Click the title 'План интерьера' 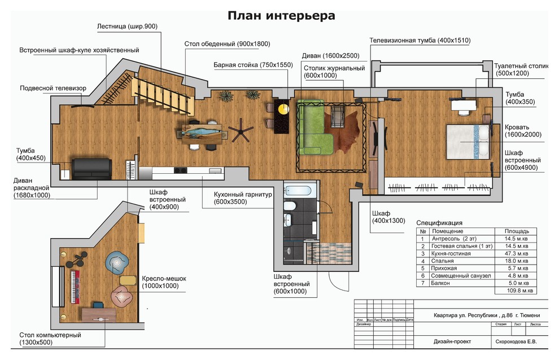tap(281, 15)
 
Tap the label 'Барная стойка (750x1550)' tap(253, 65)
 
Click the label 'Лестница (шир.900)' tap(127, 27)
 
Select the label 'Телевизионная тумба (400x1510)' tap(420, 41)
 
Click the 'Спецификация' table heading tap(439, 223)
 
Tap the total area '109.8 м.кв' tap(514, 290)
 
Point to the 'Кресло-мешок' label tap(164, 279)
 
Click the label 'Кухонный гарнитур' tap(243, 195)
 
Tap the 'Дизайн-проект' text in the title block tap(452, 341)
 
